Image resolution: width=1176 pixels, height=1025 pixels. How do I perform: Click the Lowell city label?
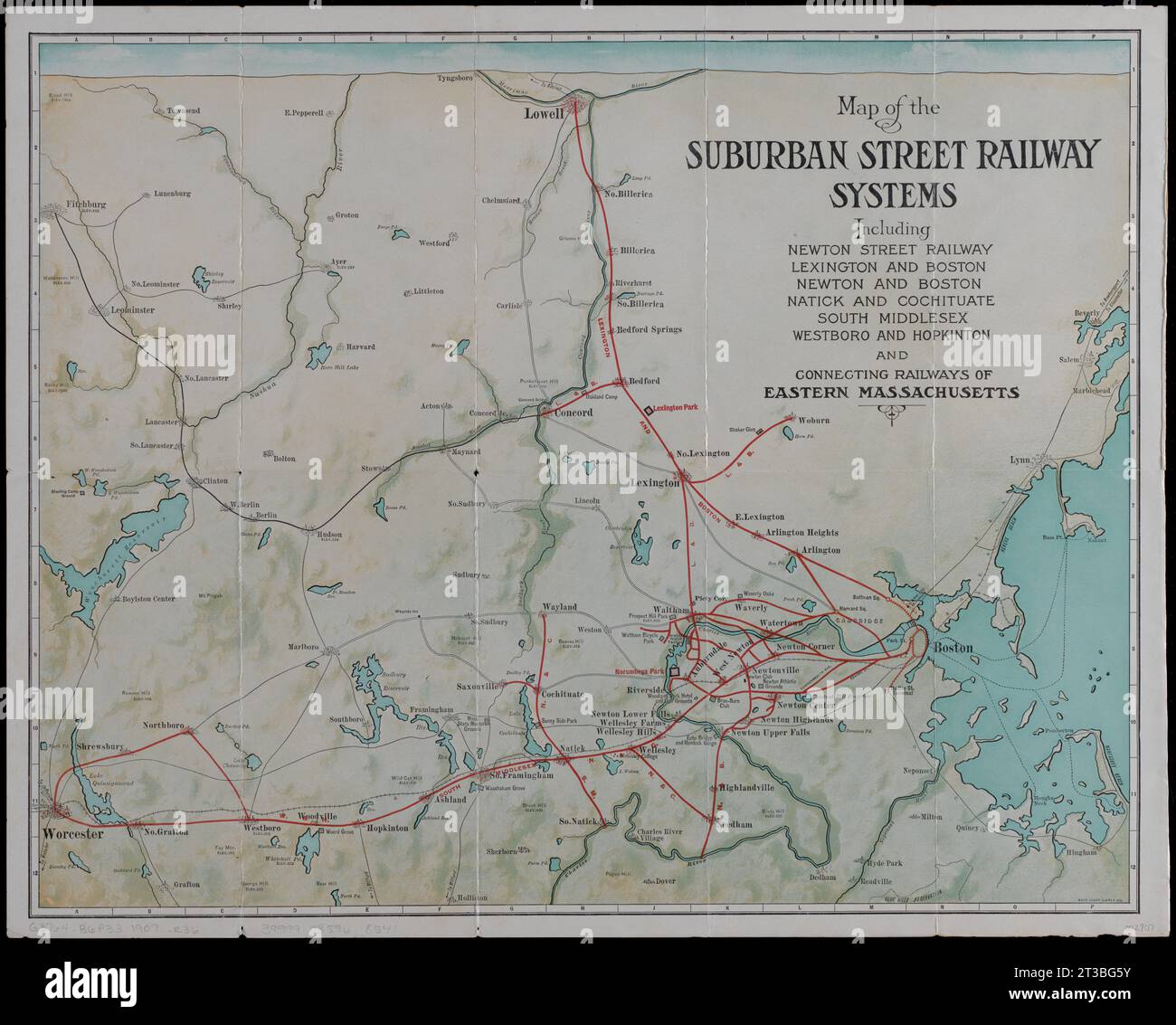pos(545,115)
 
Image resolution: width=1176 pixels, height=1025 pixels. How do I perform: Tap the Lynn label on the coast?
pos(1020,460)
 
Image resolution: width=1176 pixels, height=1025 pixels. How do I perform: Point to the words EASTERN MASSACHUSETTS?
pos(892,393)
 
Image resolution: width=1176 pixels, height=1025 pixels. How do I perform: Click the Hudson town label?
pos(329,535)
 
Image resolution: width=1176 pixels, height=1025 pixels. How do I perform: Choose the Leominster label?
pos(132,309)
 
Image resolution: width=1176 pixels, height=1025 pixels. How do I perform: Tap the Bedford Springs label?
pos(649,329)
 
